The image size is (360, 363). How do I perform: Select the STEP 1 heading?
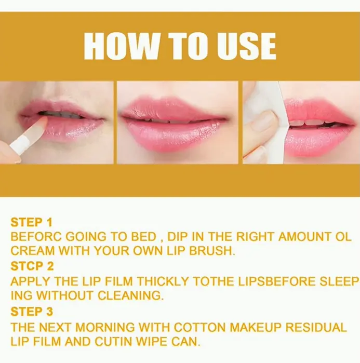[x=32, y=222]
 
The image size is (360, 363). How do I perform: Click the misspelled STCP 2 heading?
[x=32, y=266]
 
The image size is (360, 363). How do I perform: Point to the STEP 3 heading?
[x=32, y=311]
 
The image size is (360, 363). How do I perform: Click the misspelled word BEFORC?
[x=36, y=237]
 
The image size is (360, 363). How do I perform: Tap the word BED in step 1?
[x=143, y=237]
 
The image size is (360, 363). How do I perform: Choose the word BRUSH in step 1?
[x=212, y=251]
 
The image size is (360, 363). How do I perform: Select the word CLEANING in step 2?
[x=130, y=295]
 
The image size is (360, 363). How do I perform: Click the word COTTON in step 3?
[x=199, y=327]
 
